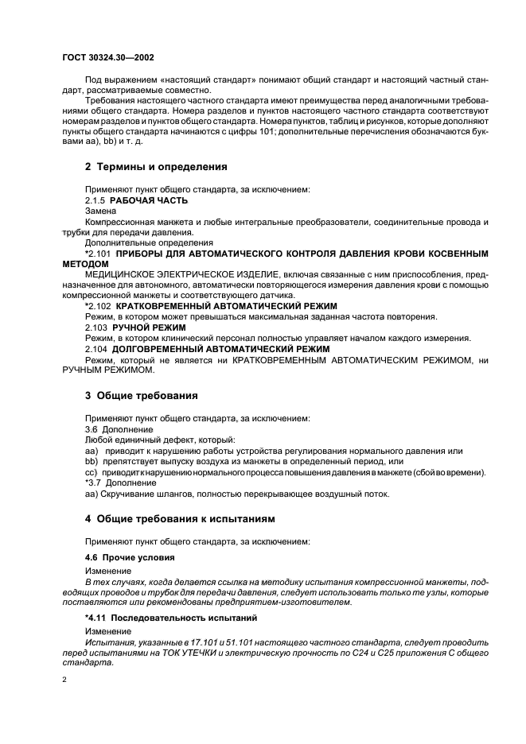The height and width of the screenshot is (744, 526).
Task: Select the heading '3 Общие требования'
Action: pos(142,395)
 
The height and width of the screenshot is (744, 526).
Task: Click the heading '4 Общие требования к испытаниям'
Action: pos(181,519)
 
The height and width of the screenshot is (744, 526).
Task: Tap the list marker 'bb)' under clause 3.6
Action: pos(91,461)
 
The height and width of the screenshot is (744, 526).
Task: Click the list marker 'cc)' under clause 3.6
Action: pos(91,472)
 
